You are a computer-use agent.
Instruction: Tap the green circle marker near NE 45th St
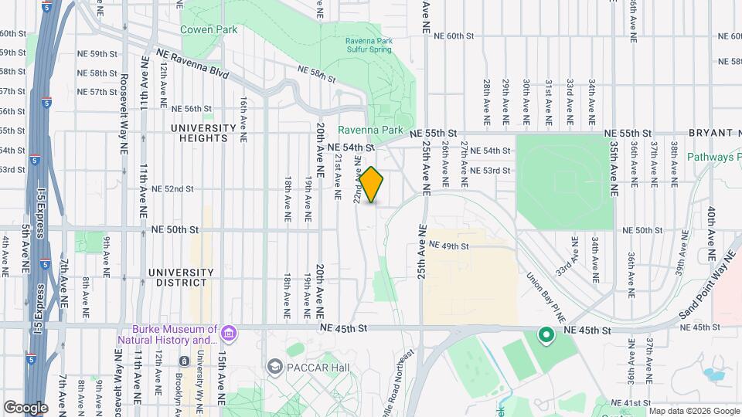coord(546,335)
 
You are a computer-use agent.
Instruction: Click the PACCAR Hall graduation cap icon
coord(274,366)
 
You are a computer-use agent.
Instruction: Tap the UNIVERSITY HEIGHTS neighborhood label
coord(203,133)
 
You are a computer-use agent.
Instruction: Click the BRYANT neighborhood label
coord(712,133)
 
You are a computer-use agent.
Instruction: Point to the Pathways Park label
coord(714,157)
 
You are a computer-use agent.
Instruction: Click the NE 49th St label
coord(449,246)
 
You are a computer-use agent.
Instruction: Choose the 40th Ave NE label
coord(710,224)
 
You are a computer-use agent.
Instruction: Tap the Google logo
coord(26,408)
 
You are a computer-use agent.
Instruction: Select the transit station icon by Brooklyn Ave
coord(184,361)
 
